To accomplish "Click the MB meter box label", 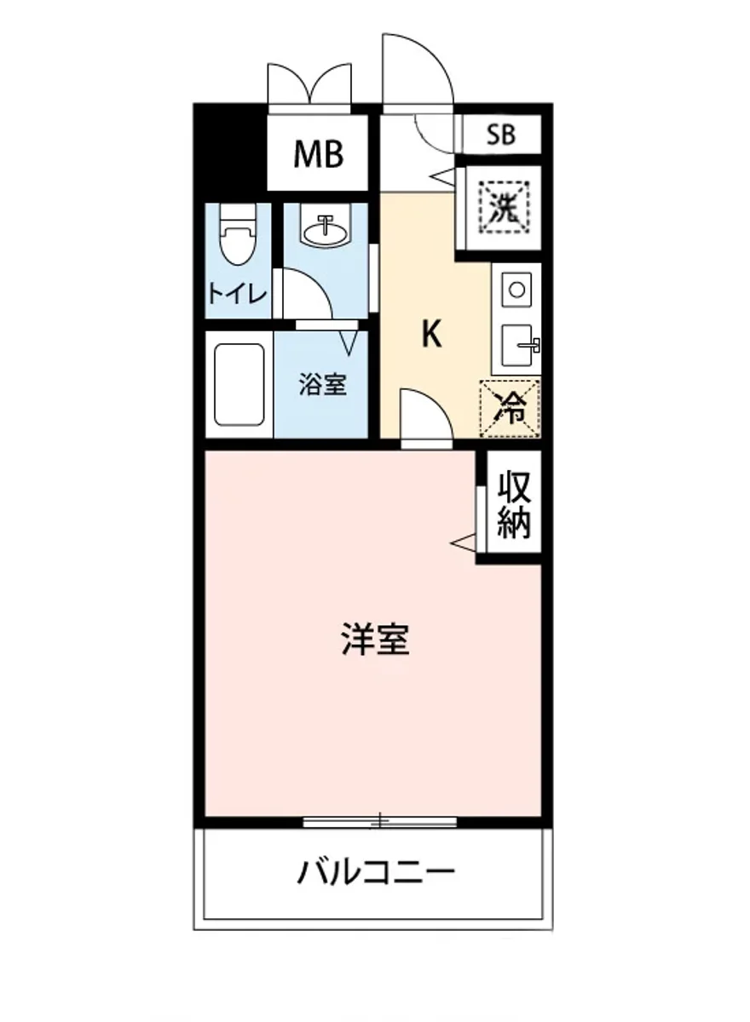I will [x=318, y=154].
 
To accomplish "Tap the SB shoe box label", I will [x=501, y=135].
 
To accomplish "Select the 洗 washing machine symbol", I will [x=503, y=207].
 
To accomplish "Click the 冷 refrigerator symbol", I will [x=510, y=408].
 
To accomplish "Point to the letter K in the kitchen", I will [x=432, y=335].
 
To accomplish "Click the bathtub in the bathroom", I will [x=238, y=385].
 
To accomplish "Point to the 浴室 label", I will [x=322, y=385].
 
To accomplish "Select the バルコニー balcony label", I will [x=375, y=873].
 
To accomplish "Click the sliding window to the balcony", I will [x=380, y=822].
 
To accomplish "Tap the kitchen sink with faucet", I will [x=517, y=343].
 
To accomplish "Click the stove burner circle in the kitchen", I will [x=516, y=290].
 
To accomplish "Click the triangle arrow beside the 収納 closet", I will [x=462, y=541].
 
